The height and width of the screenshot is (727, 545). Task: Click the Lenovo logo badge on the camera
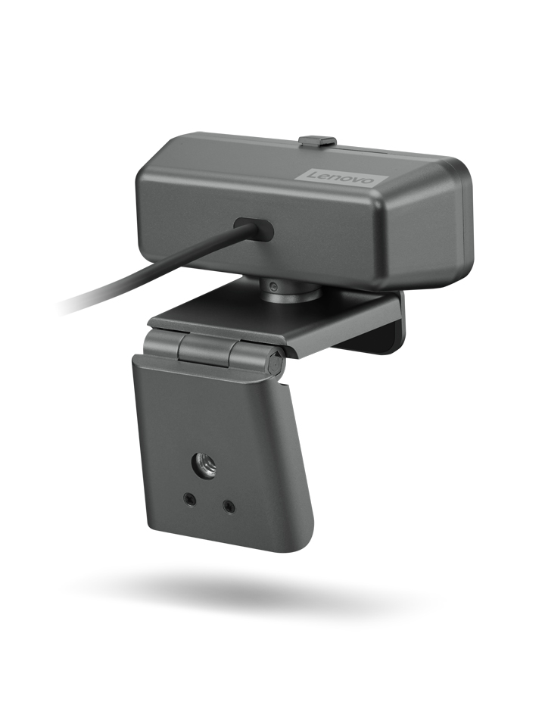pyautogui.click(x=340, y=177)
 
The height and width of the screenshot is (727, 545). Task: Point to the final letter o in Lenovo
pyautogui.click(x=369, y=183)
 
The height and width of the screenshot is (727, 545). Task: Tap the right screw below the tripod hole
pyautogui.click(x=229, y=505)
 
